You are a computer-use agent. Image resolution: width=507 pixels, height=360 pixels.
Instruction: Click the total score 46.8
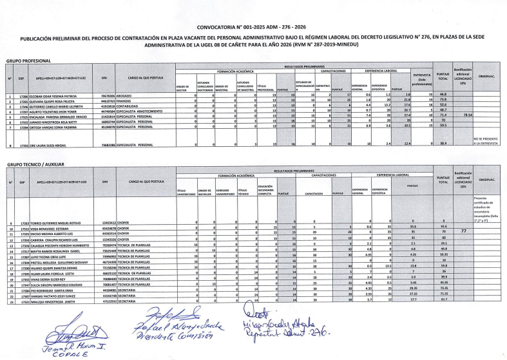point(443,95)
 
